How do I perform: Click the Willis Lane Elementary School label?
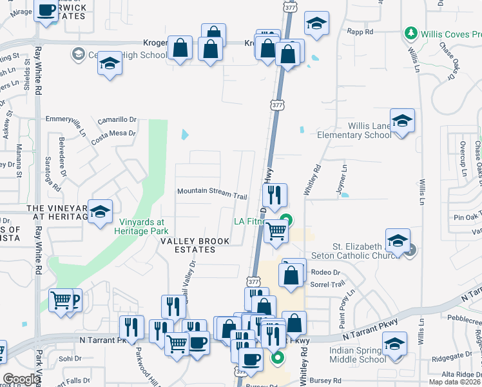[354, 130]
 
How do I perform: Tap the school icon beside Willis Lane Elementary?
[402, 121]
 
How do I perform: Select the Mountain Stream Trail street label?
[212, 192]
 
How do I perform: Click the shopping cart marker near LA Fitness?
[276, 232]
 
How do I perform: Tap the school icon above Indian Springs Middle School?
[395, 344]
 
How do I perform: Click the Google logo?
[21, 379]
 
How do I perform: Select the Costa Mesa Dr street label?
[113, 136]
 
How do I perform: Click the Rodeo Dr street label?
[325, 272]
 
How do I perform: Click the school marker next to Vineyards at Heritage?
[100, 212]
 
